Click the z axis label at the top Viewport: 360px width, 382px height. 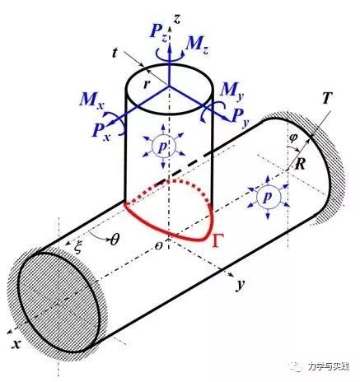[x=178, y=19]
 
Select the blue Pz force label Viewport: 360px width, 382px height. [x=159, y=34]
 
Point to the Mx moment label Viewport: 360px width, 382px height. [x=91, y=100]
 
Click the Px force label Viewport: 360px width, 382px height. [x=101, y=133]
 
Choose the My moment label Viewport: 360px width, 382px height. [x=232, y=91]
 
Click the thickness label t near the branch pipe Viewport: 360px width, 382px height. [x=115, y=54]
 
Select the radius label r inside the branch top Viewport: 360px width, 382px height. [x=147, y=84]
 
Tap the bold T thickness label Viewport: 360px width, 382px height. [x=327, y=98]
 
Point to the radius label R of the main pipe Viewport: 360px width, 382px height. [x=300, y=165]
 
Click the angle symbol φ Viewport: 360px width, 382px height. [x=293, y=139]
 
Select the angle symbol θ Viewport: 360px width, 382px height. [x=115, y=240]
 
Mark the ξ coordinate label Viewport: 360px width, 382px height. [x=77, y=248]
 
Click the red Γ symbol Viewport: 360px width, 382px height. [x=217, y=240]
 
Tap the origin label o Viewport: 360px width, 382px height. [x=158, y=246]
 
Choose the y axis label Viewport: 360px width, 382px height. [x=241, y=285]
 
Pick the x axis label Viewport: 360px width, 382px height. [x=16, y=343]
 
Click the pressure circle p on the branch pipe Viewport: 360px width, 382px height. [x=163, y=147]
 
